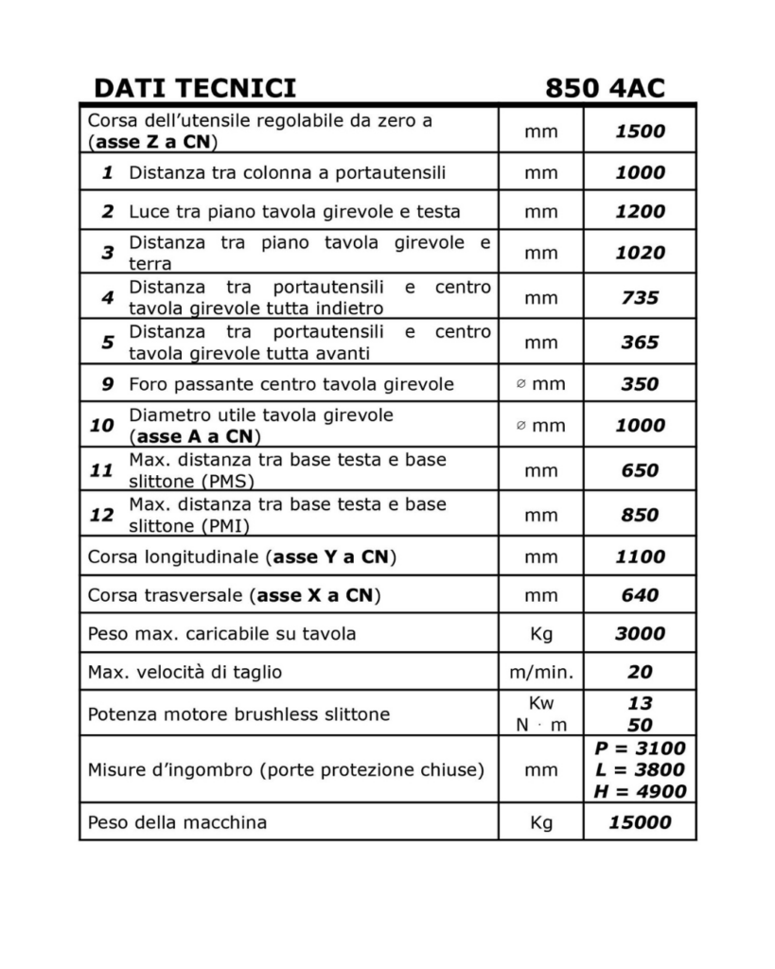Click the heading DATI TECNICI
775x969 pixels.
tap(195, 88)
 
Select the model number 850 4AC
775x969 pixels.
tap(605, 88)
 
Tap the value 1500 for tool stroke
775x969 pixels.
tap(640, 132)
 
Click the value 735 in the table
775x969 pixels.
tap(640, 298)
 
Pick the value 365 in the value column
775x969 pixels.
tap(640, 343)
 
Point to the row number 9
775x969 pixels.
tap(108, 384)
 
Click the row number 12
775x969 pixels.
tap(102, 515)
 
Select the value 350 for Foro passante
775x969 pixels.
tap(640, 384)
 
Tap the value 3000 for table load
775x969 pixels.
tap(640, 633)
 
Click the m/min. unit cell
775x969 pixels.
tap(541, 672)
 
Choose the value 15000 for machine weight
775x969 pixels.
tap(640, 822)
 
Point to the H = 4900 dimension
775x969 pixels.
tap(640, 792)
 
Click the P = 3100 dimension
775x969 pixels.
tap(640, 749)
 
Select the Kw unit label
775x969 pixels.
tap(541, 704)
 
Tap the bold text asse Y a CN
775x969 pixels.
tap(331, 556)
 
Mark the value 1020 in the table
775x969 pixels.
tap(640, 253)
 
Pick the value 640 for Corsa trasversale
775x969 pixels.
tap(640, 595)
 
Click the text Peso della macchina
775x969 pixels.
tap(177, 822)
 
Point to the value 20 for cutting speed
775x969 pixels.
tap(640, 672)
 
